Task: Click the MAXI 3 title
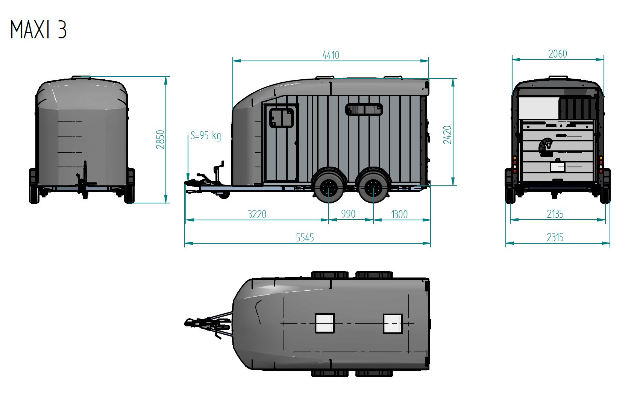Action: click(38, 30)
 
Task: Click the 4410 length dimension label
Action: click(331, 55)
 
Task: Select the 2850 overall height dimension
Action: click(161, 140)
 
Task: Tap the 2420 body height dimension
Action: click(447, 135)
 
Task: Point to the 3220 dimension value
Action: click(257, 214)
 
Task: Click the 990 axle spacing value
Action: click(348, 214)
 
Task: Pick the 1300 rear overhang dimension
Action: click(399, 214)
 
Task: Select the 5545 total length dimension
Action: click(305, 238)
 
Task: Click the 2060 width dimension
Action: click(557, 54)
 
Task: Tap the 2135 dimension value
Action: click(555, 214)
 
